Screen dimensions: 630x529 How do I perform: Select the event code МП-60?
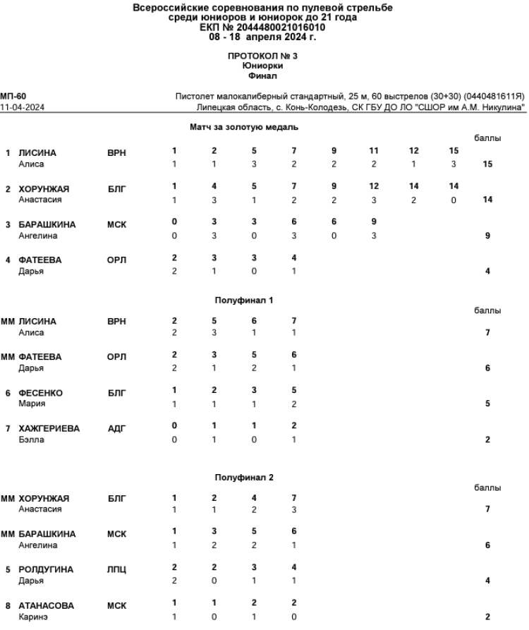tap(13, 95)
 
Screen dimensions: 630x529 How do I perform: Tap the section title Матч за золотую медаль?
tap(244, 128)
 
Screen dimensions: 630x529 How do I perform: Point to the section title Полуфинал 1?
tap(243, 300)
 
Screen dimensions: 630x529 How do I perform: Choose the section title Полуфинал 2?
tap(244, 477)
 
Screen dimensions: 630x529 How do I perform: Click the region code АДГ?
tap(116, 428)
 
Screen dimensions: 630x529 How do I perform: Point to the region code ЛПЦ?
tap(116, 569)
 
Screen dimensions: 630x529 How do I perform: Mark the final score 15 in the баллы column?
tap(487, 164)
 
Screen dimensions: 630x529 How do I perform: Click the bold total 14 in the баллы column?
tap(487, 200)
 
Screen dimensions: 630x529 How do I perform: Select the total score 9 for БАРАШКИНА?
tap(487, 236)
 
